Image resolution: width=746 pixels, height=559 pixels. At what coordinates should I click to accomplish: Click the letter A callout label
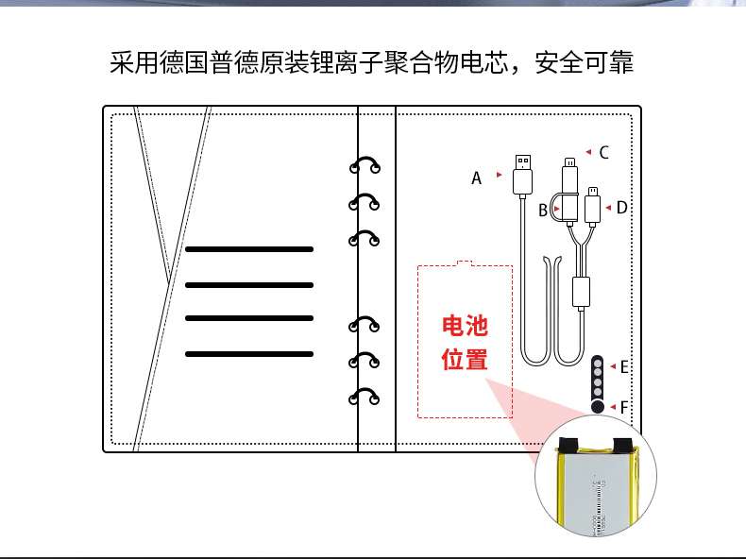point(477,178)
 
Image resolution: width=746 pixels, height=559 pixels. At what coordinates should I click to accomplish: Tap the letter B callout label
point(543,211)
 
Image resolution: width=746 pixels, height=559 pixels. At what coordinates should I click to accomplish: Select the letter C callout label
point(604,152)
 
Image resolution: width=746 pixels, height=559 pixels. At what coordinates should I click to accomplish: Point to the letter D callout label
point(621,208)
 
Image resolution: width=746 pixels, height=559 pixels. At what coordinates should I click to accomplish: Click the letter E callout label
point(624,366)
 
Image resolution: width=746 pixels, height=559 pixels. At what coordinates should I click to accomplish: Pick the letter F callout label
point(624,407)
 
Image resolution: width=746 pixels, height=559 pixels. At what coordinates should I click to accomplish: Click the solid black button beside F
point(598,407)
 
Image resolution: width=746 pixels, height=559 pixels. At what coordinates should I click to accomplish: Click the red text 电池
point(466,327)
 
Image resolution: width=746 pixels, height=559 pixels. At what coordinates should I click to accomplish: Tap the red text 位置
point(466,360)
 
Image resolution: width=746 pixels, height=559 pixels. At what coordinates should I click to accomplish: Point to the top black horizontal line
point(248,249)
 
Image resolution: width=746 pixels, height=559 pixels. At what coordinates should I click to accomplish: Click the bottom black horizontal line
point(248,353)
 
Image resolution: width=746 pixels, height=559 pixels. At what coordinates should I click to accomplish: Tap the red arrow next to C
point(588,151)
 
